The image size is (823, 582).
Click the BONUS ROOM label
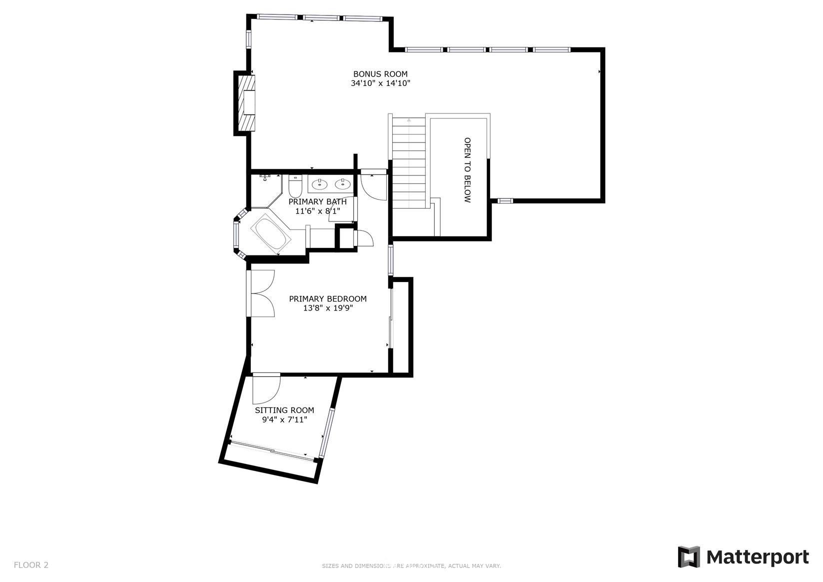380,74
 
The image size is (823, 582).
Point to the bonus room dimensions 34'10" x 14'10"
380,83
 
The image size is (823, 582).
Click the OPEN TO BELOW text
467,170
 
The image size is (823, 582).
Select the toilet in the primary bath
295,186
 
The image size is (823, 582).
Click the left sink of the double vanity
320,183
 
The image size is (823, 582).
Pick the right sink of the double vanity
343,183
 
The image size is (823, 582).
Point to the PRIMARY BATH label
317,202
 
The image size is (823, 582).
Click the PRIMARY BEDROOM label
328,299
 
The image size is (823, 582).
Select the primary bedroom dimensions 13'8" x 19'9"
328,308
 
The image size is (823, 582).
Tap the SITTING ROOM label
284,410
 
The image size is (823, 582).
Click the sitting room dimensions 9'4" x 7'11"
284,419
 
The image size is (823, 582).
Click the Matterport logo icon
689,556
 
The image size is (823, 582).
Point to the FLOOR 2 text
31,565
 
